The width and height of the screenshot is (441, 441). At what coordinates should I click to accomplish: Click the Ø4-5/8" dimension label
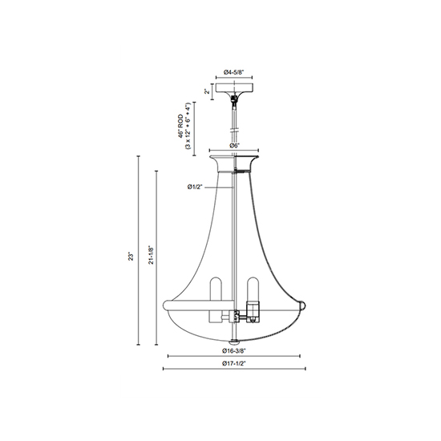click(233, 72)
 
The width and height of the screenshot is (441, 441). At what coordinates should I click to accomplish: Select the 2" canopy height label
click(208, 91)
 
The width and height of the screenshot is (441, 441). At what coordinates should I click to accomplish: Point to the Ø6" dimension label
click(234, 145)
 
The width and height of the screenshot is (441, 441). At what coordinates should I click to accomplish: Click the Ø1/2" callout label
click(195, 187)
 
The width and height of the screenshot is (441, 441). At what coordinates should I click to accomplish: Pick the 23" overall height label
click(131, 257)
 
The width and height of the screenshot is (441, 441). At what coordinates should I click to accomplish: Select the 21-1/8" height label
click(152, 255)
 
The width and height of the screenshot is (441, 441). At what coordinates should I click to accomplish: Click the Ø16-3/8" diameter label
click(233, 350)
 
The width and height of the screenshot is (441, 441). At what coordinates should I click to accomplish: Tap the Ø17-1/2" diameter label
click(233, 363)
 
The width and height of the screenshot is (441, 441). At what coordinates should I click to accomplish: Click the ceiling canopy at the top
click(234, 88)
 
